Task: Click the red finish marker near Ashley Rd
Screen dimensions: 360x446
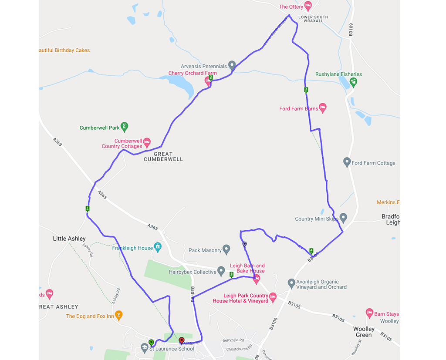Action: (182, 340)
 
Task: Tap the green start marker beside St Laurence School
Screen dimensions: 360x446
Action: (151, 342)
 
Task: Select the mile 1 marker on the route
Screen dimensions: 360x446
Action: (88, 209)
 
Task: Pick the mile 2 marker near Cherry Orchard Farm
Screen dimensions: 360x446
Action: (211, 77)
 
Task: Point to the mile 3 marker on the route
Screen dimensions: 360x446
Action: (306, 90)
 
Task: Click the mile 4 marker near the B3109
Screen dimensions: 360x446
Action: (311, 251)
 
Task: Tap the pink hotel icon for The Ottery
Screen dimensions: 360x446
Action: (308, 6)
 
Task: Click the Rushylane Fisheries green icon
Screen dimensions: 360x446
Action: (353, 82)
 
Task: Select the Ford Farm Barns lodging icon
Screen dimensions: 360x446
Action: (322, 108)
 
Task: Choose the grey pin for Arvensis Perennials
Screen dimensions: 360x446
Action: (232, 65)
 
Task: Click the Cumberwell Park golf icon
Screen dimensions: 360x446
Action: (125, 127)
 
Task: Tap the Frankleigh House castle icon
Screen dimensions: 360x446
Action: (158, 247)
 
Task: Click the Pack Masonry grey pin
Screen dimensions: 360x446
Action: (226, 249)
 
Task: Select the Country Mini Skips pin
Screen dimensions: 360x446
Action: (343, 218)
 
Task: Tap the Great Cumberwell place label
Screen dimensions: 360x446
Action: (163, 157)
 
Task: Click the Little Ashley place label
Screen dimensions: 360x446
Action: (69, 239)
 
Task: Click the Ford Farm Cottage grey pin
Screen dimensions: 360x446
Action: (347, 162)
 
